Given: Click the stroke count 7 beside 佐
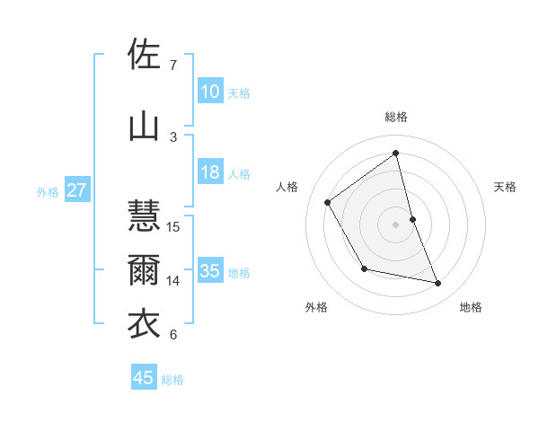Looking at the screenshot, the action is (x=172, y=66).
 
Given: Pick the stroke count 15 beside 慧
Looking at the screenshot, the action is (x=174, y=226).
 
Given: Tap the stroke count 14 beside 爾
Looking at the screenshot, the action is (x=174, y=281).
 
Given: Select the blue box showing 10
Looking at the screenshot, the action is (x=209, y=92).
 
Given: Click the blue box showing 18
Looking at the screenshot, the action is (x=209, y=173).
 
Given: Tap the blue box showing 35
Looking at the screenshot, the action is (x=209, y=271).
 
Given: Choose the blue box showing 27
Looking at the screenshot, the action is (x=76, y=190).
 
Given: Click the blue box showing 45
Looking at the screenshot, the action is (x=144, y=378).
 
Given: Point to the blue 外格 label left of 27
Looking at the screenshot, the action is (x=48, y=191).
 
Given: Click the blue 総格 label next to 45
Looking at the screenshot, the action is (x=172, y=380).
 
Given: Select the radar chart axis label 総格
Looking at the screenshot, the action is (x=395, y=117).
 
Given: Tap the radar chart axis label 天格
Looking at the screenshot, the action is (x=505, y=187).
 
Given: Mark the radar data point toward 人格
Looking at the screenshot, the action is (x=328, y=202).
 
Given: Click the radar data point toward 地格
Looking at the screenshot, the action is (x=438, y=284).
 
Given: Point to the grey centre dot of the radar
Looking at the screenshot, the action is (x=395, y=224).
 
